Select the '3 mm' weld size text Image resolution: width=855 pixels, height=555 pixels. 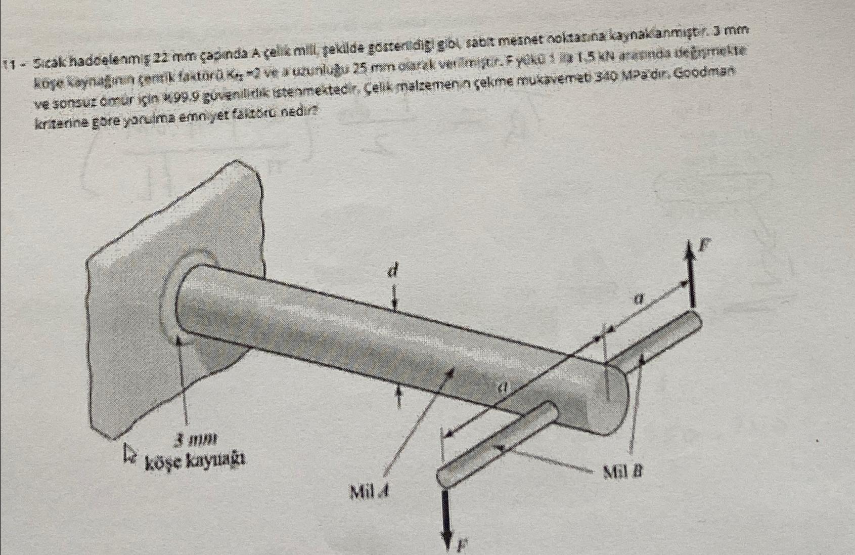click(197, 439)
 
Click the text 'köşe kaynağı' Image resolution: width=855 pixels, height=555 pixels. click(196, 461)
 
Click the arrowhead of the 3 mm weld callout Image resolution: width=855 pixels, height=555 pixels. click(177, 340)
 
